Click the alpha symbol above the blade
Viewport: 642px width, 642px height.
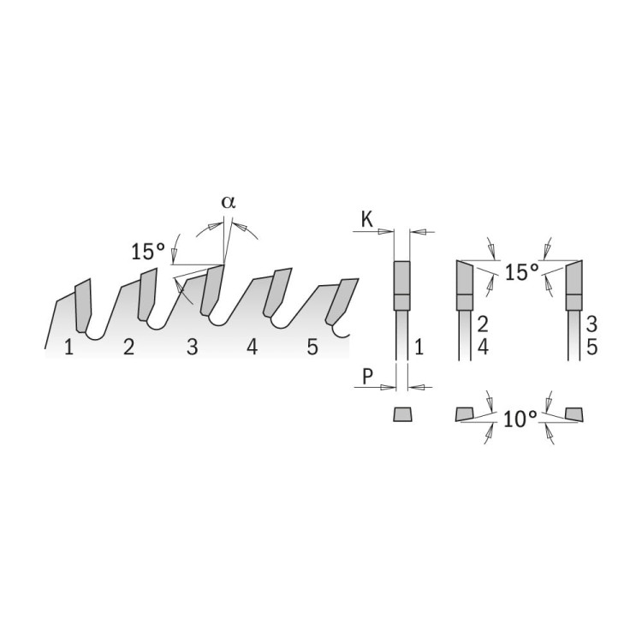[229, 202]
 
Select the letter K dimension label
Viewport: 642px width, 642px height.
[367, 219]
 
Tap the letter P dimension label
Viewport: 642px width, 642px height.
[368, 377]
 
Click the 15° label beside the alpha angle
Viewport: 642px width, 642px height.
[148, 251]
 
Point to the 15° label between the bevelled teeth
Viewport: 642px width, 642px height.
[521, 272]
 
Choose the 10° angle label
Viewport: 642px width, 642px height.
[520, 419]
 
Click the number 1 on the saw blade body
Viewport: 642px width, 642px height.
[68, 348]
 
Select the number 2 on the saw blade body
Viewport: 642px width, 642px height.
[128, 348]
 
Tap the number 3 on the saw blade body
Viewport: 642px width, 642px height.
[192, 348]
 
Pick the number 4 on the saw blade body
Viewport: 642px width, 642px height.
[253, 348]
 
